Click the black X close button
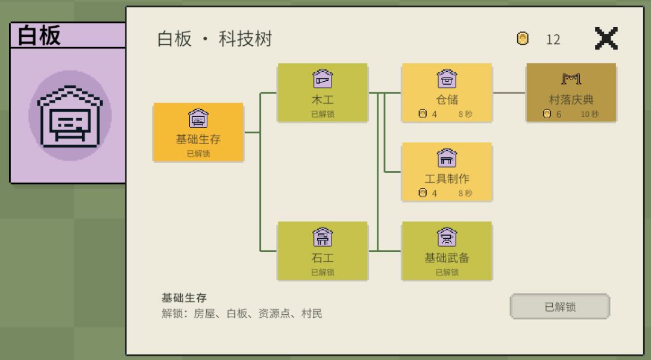coord(606,38)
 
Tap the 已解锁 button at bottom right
coord(559,306)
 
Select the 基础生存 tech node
coord(198,132)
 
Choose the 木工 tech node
coord(322,93)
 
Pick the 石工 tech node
coord(322,251)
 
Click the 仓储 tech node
coord(447,93)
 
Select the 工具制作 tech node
coord(447,172)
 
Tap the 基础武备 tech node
coord(447,251)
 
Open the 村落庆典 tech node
coord(571,93)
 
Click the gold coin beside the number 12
coord(523,39)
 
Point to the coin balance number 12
coord(553,39)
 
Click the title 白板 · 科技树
coord(215,39)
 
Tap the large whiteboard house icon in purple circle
coord(70,116)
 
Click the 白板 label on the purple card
coord(39,35)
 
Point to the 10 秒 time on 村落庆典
coord(590,114)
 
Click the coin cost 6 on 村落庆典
coord(559,114)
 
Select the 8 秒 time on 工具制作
coord(465,193)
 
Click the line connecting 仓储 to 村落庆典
coord(509,93)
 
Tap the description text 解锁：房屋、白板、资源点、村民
coord(242,314)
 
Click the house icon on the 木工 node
coord(322,78)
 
